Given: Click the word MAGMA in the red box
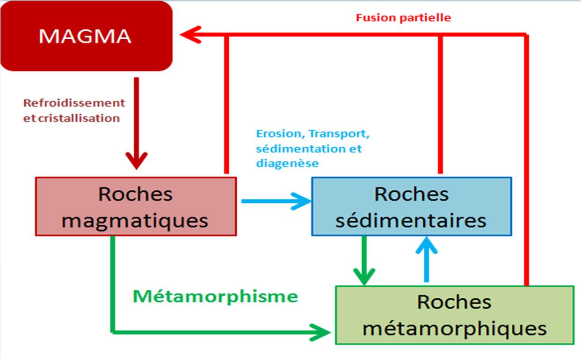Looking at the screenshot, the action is pos(85,36).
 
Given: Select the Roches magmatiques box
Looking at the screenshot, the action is pos(136,206).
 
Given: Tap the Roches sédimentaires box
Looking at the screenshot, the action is pos(412,206).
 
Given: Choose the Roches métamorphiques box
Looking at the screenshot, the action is pos(454,315).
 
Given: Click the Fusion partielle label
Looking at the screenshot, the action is pos(403,18).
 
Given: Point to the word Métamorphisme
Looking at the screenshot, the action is pos(215,296).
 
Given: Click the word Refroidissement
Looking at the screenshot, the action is pos(74,103).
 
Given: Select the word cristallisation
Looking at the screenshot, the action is pos(79,118).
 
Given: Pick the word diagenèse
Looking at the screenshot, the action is pos(287,164).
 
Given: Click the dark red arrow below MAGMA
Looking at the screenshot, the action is pos(137,123).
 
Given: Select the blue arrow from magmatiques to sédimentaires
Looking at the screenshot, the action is pos(276,201).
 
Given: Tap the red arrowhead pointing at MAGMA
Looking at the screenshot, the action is pos(191,35).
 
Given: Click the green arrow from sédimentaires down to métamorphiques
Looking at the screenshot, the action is pos(364,260).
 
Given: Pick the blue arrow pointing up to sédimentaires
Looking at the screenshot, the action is pos(427,259).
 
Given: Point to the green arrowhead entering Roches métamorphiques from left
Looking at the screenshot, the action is pos(320,332).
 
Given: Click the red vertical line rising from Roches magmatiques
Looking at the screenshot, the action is pos(226,104).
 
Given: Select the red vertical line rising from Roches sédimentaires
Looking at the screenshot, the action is pos(440,104).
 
